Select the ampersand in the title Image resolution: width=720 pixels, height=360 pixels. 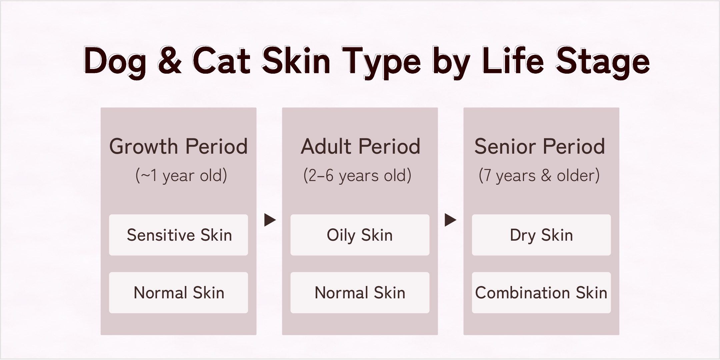[x=170, y=60]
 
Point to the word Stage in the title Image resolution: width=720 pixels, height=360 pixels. [x=603, y=63]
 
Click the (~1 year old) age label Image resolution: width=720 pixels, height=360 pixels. [x=181, y=175]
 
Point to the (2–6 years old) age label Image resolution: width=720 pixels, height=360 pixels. [x=357, y=175]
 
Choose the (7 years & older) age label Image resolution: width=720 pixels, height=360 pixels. [x=539, y=175]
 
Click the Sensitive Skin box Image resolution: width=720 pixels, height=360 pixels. [x=178, y=235]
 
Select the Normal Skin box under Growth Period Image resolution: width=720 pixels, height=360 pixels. [x=178, y=293]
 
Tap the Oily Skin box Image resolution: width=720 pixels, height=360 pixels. [x=360, y=235]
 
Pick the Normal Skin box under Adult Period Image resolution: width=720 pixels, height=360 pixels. [x=360, y=293]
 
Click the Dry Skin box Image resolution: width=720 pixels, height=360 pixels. [x=541, y=235]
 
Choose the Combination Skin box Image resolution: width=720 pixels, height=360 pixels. [x=541, y=293]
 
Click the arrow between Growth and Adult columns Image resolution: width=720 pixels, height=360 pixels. [x=270, y=220]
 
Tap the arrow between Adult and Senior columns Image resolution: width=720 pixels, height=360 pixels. [x=450, y=220]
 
